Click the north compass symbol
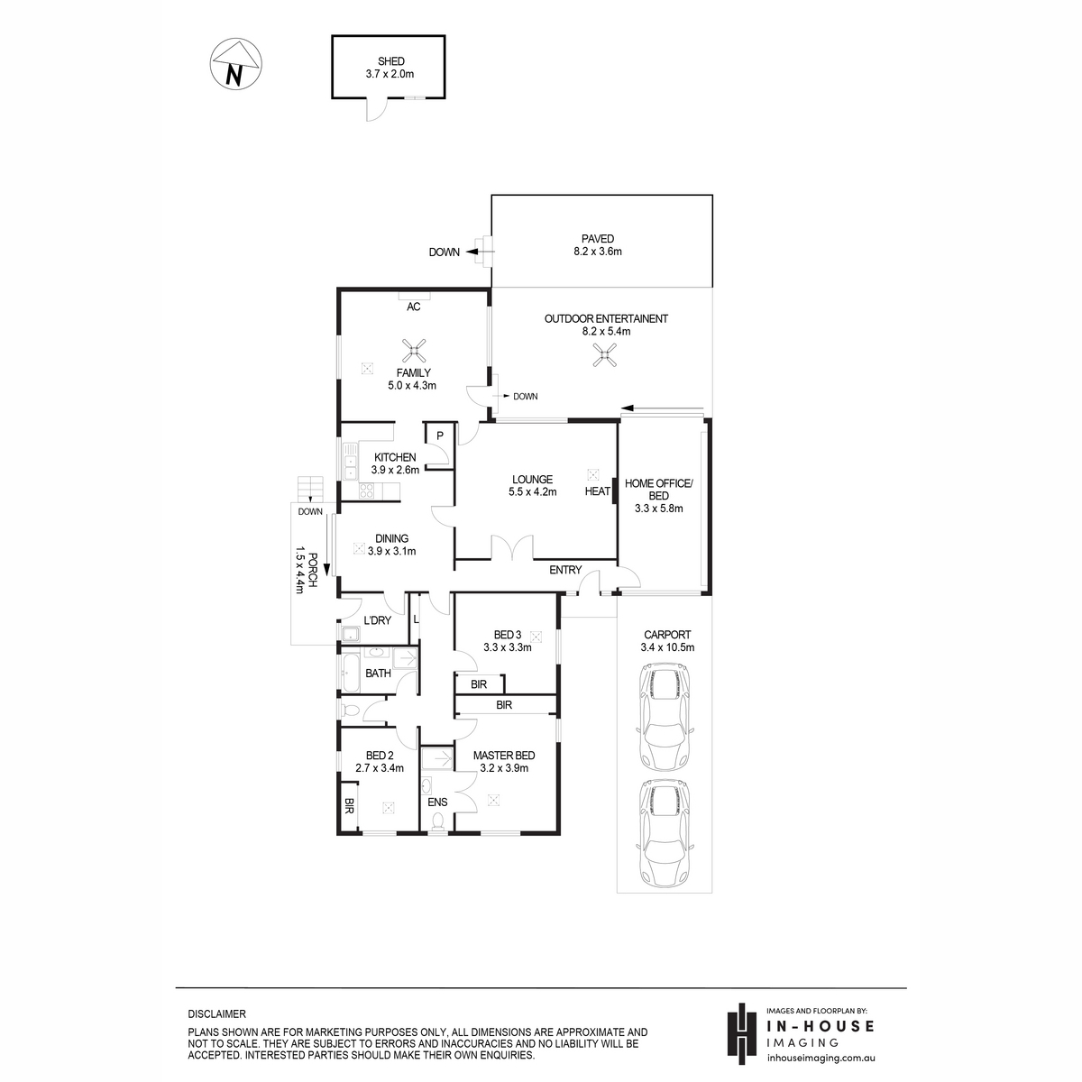point(236,63)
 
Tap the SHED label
point(390,61)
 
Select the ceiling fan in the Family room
point(414,351)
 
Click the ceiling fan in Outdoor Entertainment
point(604,355)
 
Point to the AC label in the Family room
point(413,307)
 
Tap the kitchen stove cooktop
point(367,491)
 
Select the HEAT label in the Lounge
point(598,491)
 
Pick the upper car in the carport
point(665,717)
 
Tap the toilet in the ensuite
point(437,822)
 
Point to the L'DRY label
point(377,620)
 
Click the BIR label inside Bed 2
point(349,807)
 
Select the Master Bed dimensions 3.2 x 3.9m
point(504,768)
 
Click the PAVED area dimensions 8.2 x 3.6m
point(598,251)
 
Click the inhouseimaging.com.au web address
point(821,1058)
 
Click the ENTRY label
point(564,570)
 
